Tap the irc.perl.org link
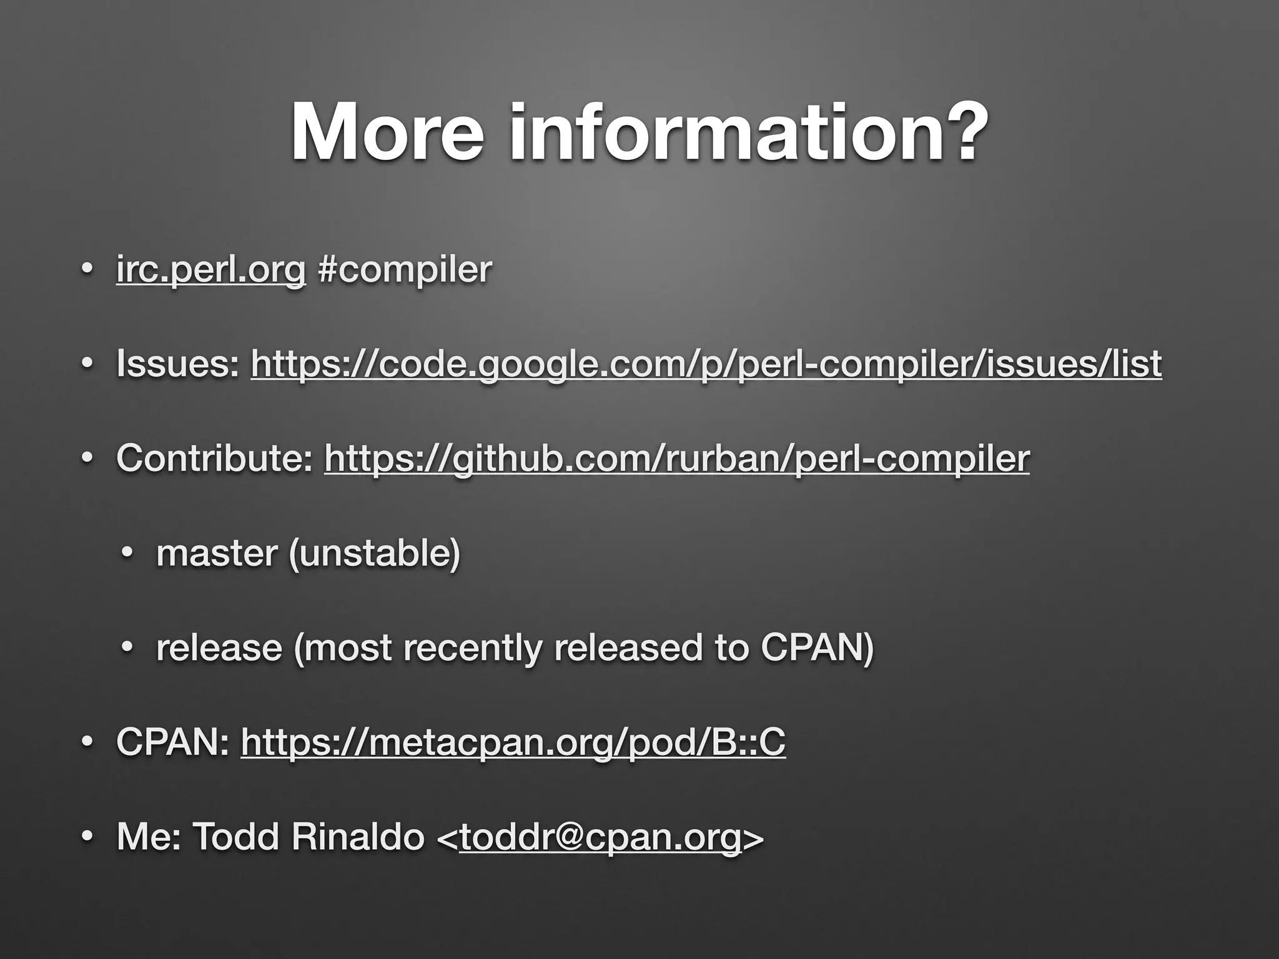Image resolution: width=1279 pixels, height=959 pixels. point(211,270)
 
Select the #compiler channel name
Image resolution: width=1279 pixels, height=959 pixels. point(405,270)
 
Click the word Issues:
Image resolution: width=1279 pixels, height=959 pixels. point(177,365)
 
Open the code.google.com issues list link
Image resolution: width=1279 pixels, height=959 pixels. point(706,365)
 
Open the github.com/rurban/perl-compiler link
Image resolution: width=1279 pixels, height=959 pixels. point(677,459)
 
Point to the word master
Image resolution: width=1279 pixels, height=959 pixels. point(217,554)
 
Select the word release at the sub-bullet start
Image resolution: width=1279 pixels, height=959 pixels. point(219,648)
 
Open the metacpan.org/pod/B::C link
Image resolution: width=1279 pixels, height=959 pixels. point(513,743)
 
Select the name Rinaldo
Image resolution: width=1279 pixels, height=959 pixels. point(358,837)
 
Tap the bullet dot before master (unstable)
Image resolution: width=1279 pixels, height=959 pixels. point(127,554)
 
